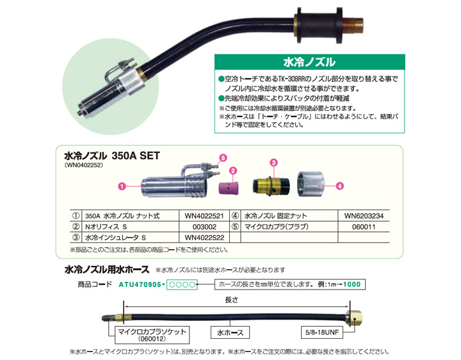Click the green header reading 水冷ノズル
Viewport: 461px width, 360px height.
(x=310, y=62)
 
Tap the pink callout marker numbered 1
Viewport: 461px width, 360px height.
(x=122, y=186)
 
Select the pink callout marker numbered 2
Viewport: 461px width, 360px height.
(x=233, y=170)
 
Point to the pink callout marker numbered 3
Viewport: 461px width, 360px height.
(x=274, y=163)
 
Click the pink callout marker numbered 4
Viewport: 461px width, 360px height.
(x=339, y=186)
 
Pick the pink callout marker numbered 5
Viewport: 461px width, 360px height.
(x=223, y=158)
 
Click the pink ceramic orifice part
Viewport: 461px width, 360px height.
(x=229, y=188)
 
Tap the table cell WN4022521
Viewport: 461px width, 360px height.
(x=204, y=216)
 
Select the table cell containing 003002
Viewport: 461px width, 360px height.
(x=204, y=227)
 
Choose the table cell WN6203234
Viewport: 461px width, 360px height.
(x=364, y=216)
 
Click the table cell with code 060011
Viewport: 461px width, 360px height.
(x=364, y=227)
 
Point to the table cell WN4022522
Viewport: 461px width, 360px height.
(x=204, y=238)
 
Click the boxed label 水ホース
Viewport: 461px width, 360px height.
(x=230, y=332)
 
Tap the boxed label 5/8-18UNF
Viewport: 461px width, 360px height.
(x=322, y=332)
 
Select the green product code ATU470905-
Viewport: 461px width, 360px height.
(x=140, y=284)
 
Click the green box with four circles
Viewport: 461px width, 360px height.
(x=182, y=284)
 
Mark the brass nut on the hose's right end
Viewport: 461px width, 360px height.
(x=353, y=318)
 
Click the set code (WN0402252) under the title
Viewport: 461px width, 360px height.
(x=84, y=165)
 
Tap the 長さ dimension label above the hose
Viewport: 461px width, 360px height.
(x=232, y=300)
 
